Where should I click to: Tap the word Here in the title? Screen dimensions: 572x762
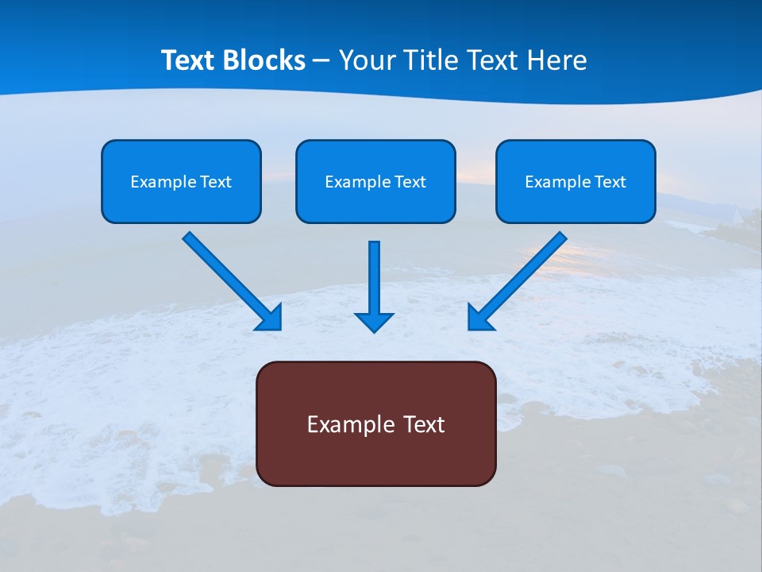pos(557,60)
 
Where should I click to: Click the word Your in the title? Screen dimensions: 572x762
pos(367,60)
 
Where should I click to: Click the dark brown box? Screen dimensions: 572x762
pos(375,453)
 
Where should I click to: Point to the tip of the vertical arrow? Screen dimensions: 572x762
pos(374,330)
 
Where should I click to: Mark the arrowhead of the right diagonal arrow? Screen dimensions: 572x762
pos(479,317)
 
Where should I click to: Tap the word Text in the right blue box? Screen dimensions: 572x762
pos(610,182)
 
